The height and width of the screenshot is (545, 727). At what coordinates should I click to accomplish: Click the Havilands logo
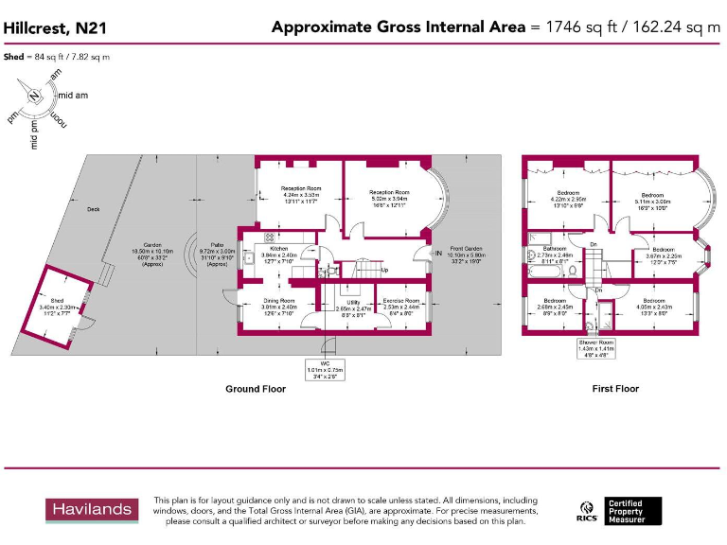pyautogui.click(x=92, y=509)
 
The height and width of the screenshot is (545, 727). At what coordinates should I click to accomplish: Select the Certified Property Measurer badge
pyautogui.click(x=633, y=510)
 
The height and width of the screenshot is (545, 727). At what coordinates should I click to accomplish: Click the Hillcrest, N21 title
pyautogui.click(x=55, y=29)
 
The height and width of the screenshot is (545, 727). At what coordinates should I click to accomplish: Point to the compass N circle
pyautogui.click(x=34, y=95)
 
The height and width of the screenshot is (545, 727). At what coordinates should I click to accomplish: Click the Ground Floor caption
pyautogui.click(x=256, y=389)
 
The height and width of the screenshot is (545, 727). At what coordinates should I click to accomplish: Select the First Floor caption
pyautogui.click(x=615, y=389)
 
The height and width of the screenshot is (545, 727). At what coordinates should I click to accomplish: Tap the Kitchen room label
pyautogui.click(x=278, y=248)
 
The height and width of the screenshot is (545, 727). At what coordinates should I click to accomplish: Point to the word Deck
pyautogui.click(x=93, y=209)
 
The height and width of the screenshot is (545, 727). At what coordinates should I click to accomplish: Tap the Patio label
pyautogui.click(x=217, y=244)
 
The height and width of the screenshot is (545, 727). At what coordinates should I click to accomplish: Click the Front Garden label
pyautogui.click(x=466, y=248)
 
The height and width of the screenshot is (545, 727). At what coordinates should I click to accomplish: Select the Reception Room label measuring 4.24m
pyautogui.click(x=301, y=189)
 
